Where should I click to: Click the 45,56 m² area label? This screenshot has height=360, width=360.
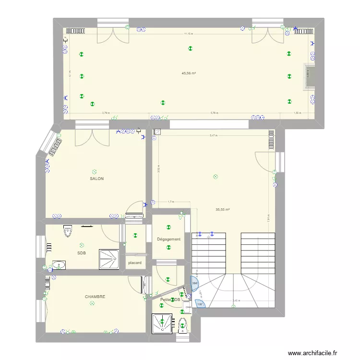188,73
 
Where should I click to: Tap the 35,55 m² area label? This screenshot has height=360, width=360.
222,209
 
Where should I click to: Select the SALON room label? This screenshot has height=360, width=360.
96,179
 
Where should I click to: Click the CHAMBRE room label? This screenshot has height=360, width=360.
95,297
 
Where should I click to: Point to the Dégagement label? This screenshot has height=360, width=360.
168,239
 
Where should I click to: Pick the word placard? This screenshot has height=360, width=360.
134,263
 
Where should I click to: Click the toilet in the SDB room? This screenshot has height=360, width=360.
68,231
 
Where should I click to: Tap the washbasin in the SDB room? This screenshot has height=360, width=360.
59,265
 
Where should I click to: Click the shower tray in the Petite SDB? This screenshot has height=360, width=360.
162,323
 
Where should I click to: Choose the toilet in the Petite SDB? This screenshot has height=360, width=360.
182,325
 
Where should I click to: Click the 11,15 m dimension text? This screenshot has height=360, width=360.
188,34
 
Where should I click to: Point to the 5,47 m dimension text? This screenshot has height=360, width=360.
213,135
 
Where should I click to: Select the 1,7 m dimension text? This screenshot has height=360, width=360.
170,202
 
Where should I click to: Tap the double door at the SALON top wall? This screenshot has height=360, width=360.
92,137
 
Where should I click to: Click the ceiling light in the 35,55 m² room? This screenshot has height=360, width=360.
216,177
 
